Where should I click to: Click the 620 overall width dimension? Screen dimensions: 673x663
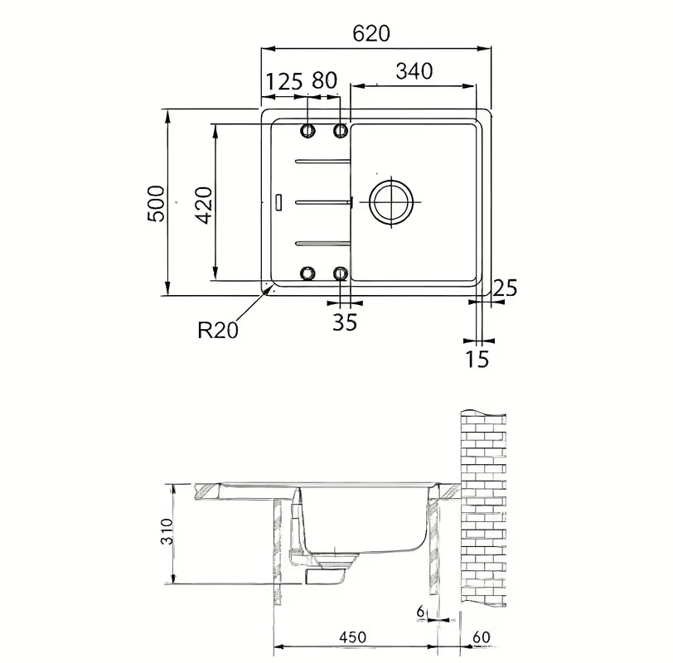pyautogui.click(x=371, y=33)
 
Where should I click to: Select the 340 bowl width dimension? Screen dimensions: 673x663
pyautogui.click(x=414, y=71)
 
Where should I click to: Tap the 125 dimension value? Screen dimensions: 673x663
pyautogui.click(x=284, y=81)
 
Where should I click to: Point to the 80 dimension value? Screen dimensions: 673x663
pyautogui.click(x=325, y=80)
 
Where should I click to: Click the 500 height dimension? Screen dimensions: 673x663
pyautogui.click(x=156, y=203)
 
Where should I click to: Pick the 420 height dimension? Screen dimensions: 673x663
pyautogui.click(x=204, y=206)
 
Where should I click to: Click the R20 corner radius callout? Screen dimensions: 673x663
pyautogui.click(x=218, y=330)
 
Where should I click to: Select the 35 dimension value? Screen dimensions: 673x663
pyautogui.click(x=345, y=322)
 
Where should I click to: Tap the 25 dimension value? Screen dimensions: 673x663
pyautogui.click(x=505, y=288)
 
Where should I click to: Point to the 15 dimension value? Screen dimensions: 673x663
pyautogui.click(x=477, y=359)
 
